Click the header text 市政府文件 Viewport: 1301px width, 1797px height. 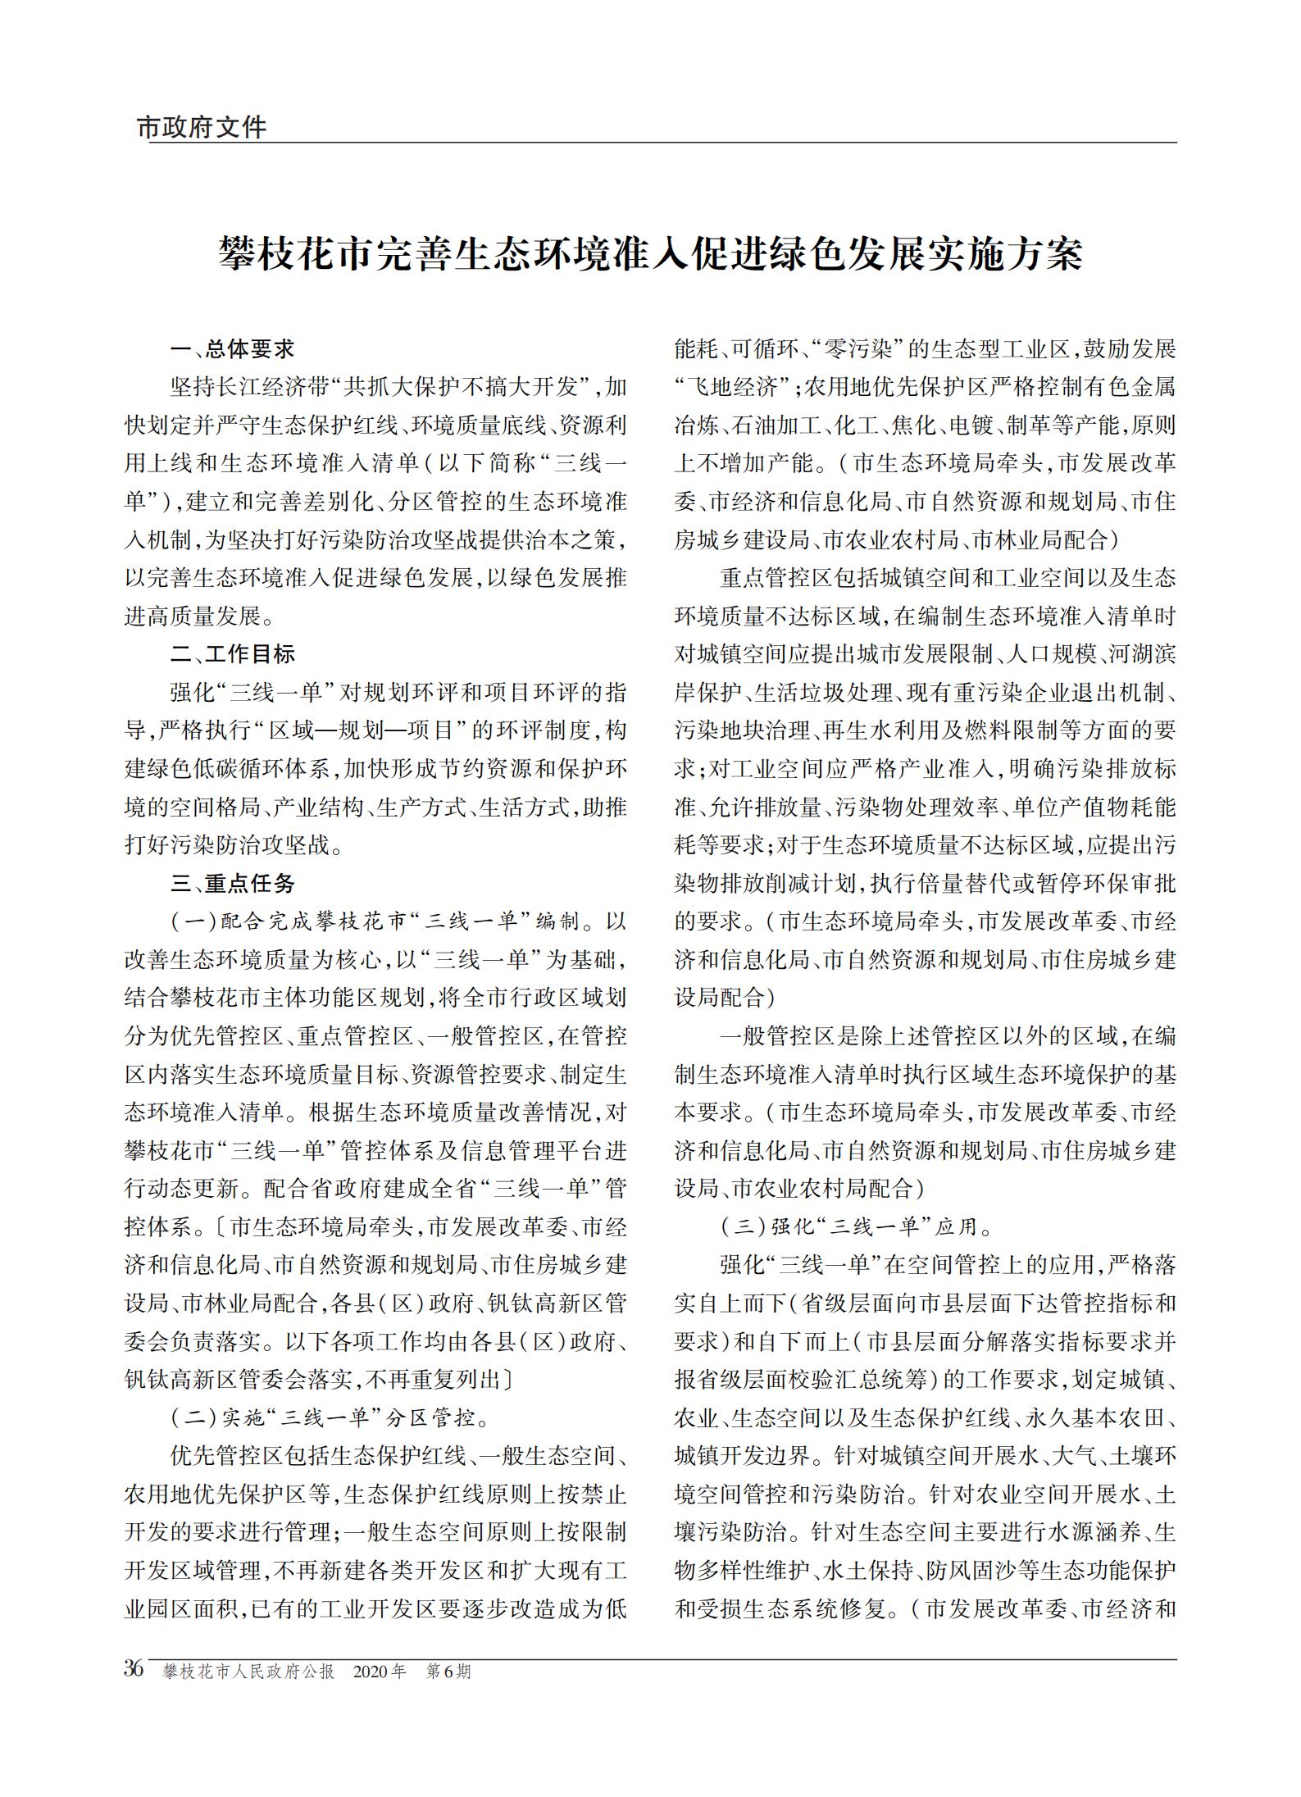point(201,128)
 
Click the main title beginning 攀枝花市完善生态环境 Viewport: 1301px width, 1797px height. point(650,255)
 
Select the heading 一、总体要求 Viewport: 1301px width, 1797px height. point(232,349)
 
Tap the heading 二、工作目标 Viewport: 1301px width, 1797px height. point(232,654)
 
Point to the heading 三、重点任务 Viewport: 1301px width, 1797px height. point(232,883)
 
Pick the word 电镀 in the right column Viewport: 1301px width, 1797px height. point(972,425)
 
